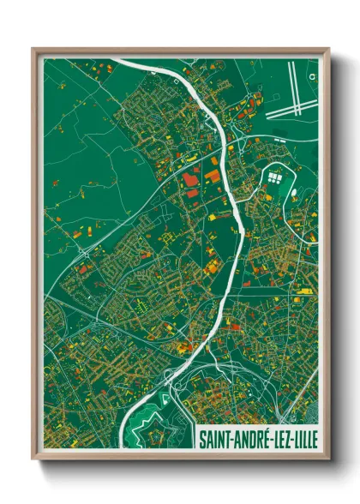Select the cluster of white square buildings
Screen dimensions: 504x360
click(x=275, y=178)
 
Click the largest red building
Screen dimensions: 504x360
click(x=190, y=179)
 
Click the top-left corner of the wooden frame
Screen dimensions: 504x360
click(x=33, y=50)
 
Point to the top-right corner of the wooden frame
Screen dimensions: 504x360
click(x=328, y=50)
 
